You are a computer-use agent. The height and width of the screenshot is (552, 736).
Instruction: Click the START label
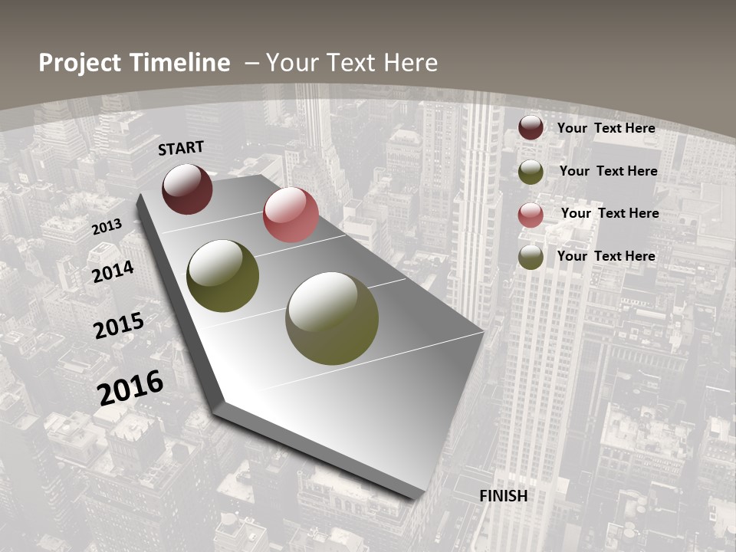pyautogui.click(x=181, y=148)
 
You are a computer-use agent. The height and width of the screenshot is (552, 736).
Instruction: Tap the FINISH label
pyautogui.click(x=503, y=496)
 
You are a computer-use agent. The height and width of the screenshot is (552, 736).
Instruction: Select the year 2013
pyautogui.click(x=107, y=227)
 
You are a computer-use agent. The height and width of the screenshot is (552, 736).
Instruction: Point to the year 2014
pyautogui.click(x=113, y=271)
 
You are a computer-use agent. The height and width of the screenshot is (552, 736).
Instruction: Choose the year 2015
pyautogui.click(x=119, y=326)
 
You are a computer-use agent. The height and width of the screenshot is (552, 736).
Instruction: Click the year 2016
pyautogui.click(x=130, y=387)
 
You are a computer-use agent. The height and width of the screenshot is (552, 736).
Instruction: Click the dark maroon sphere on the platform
pyautogui.click(x=187, y=189)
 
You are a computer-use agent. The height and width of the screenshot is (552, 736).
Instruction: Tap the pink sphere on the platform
pyautogui.click(x=291, y=215)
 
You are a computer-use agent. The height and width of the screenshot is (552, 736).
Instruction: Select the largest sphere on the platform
pyautogui.click(x=332, y=318)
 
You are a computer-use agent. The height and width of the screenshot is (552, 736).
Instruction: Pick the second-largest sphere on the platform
pyautogui.click(x=223, y=276)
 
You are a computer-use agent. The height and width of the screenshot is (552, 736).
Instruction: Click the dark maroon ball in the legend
pyautogui.click(x=531, y=127)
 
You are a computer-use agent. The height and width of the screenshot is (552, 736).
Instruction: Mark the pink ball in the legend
pyautogui.click(x=531, y=214)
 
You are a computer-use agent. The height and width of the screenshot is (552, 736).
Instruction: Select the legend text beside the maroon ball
pyautogui.click(x=606, y=128)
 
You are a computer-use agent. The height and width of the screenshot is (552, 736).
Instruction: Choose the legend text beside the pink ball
pyautogui.click(x=609, y=213)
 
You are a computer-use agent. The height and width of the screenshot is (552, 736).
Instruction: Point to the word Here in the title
pyautogui.click(x=412, y=62)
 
